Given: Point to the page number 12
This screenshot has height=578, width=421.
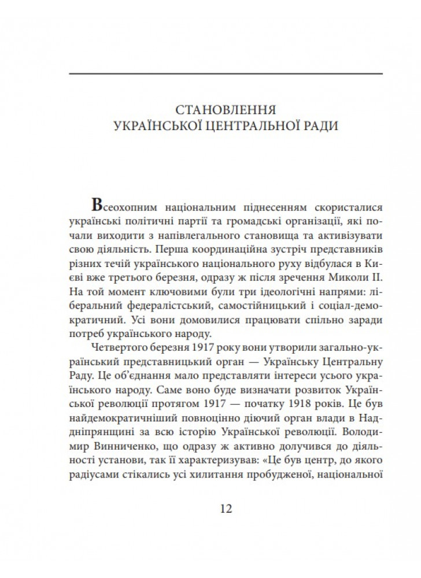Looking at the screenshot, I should point(226,509).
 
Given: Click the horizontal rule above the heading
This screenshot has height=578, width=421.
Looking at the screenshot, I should point(226,73).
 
